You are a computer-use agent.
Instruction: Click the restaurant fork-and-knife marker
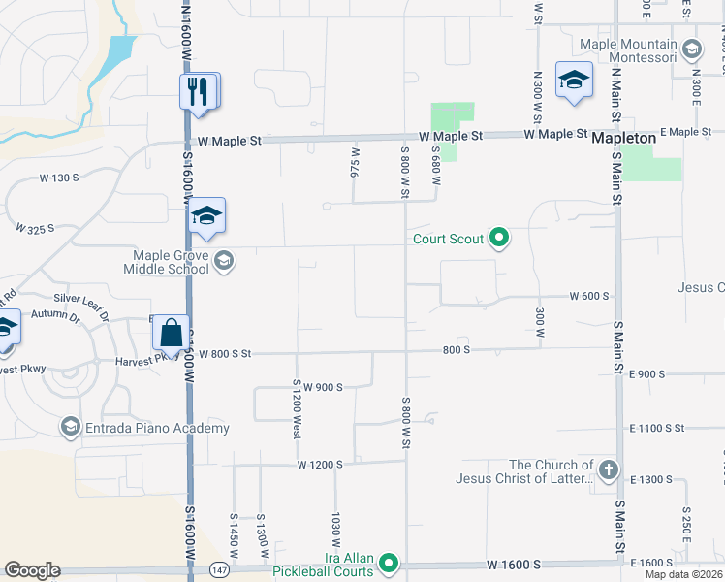tap(198, 92)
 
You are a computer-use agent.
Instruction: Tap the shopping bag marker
tap(172, 333)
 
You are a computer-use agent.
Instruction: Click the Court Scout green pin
tap(499, 238)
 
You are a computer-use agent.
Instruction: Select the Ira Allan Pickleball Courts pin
tap(389, 563)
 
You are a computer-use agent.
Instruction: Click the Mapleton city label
tap(624, 139)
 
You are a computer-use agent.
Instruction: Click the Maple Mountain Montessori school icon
tap(691, 48)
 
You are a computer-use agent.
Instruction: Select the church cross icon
tap(608, 471)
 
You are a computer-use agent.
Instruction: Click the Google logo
tap(32, 570)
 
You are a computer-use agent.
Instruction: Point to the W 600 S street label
tap(589, 296)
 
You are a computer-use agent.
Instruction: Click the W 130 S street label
tap(58, 178)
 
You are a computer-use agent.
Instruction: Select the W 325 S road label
tap(34, 229)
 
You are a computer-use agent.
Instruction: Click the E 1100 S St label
tap(656, 428)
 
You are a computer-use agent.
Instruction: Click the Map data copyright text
tap(683, 574)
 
